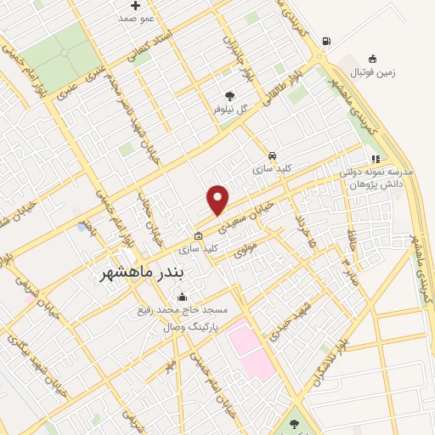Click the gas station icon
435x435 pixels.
[326, 42]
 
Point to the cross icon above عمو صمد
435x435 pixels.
[136, 6]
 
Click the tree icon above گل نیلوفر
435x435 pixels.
[229, 96]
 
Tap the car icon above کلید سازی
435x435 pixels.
[271, 156]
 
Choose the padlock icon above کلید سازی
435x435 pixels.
[199, 236]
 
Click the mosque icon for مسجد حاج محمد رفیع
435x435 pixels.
[181, 297]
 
